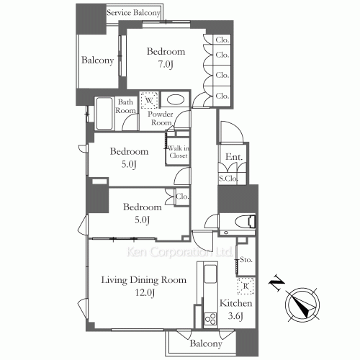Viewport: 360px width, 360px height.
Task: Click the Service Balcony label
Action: click(133, 12)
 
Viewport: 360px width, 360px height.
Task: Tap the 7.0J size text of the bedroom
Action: click(166, 64)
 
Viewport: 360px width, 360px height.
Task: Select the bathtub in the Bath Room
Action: click(104, 114)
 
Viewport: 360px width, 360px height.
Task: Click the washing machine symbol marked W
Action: click(149, 100)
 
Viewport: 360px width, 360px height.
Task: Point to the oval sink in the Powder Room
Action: click(176, 99)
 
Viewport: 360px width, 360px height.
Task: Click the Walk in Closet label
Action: click(179, 152)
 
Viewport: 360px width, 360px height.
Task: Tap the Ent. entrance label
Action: click(234, 157)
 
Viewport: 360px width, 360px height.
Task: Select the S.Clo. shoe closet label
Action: click(228, 179)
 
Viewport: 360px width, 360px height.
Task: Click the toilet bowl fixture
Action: click(245, 221)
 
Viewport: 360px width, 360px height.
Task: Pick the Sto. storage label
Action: click(246, 259)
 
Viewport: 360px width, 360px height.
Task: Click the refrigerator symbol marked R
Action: click(246, 286)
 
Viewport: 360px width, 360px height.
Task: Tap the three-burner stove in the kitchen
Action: click(210, 319)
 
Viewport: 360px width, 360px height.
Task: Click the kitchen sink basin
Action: click(210, 274)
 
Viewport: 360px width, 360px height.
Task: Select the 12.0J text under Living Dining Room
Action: click(145, 292)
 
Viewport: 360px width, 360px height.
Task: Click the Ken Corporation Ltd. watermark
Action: click(179, 252)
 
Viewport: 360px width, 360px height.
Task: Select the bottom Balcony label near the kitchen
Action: click(206, 343)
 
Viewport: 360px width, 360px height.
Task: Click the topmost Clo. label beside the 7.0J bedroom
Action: click(222, 40)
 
